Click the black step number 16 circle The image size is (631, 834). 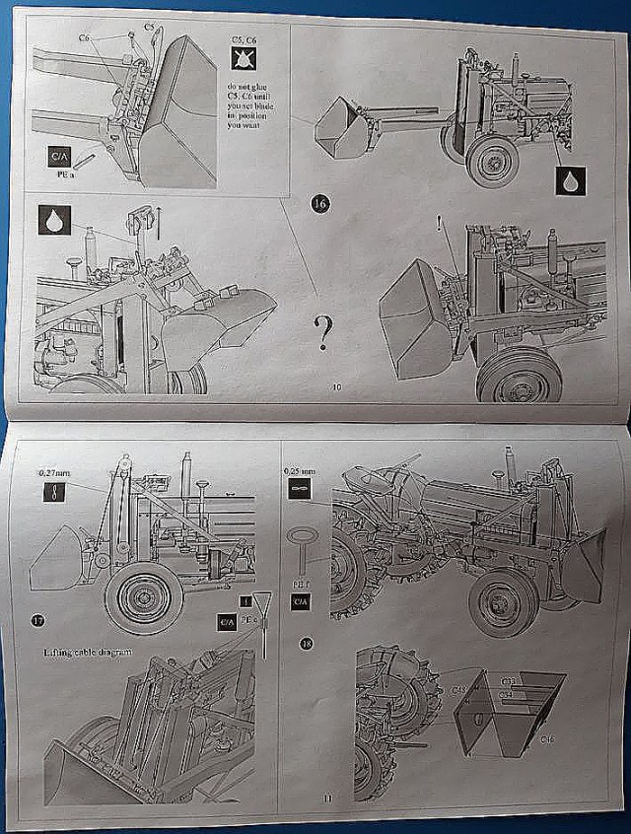click(320, 203)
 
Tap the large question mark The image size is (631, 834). click(323, 333)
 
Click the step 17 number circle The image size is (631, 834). click(37, 620)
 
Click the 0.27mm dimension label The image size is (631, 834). click(53, 474)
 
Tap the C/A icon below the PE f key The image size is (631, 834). click(301, 600)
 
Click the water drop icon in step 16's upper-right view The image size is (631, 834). click(570, 180)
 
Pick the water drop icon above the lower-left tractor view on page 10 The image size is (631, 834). click(53, 219)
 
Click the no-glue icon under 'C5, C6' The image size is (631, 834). click(242, 61)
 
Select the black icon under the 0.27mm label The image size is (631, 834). click(54, 493)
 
